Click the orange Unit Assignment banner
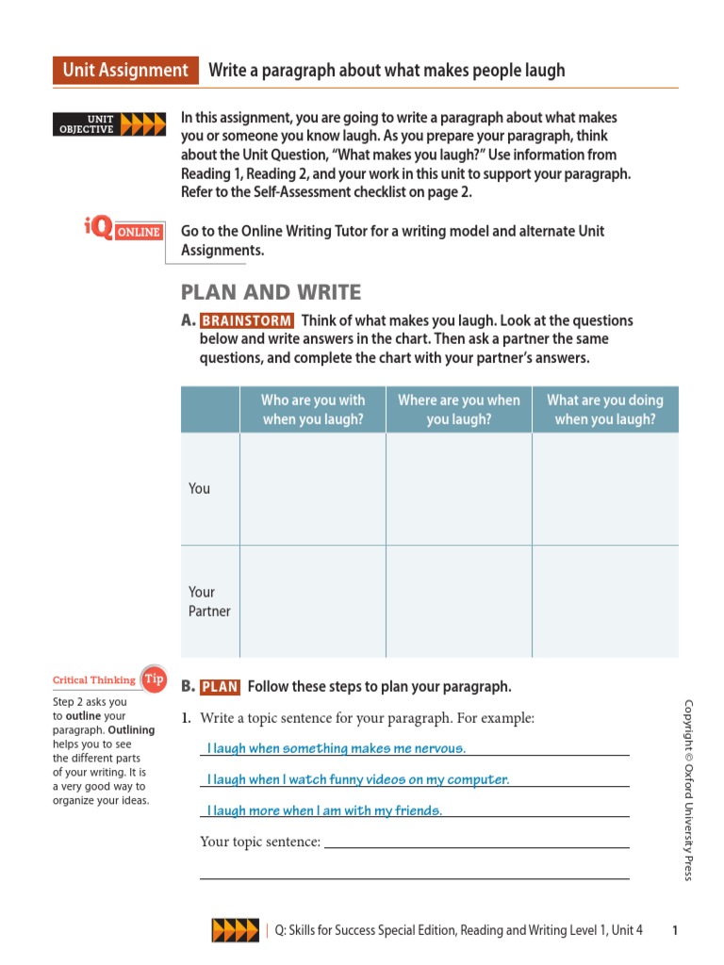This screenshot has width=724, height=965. click(x=125, y=71)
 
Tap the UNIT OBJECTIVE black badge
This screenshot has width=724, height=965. click(x=87, y=124)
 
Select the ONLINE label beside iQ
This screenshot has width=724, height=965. click(x=138, y=233)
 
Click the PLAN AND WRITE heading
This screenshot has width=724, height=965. click(x=271, y=293)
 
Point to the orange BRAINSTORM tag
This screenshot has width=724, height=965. click(x=247, y=321)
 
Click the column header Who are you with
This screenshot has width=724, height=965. click(x=313, y=409)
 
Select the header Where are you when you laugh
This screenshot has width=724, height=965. click(x=459, y=409)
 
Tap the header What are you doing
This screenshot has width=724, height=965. click(x=605, y=409)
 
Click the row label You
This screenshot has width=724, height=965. click(x=200, y=488)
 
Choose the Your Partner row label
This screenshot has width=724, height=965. click(x=209, y=601)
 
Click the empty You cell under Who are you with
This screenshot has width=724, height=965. click(x=313, y=488)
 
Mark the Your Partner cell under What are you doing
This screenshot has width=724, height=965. click(x=605, y=601)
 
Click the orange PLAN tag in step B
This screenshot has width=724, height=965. click(x=220, y=687)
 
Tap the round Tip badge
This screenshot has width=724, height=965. click(x=153, y=679)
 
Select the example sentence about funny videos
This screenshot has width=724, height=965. click(x=358, y=779)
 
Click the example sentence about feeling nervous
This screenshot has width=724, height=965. click(x=337, y=748)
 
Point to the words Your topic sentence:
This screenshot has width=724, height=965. click(x=261, y=842)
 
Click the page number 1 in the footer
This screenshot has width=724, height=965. click(x=675, y=930)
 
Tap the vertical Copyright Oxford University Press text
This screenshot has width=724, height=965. click(x=688, y=790)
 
